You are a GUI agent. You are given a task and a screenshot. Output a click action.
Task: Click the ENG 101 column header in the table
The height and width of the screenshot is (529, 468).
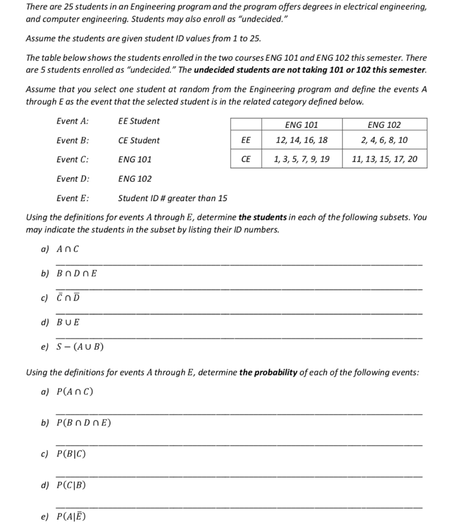point(301,125)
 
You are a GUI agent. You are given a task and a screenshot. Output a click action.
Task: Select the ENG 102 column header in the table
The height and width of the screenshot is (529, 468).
point(384,125)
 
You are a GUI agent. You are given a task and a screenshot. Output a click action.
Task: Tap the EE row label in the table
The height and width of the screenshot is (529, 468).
point(246,140)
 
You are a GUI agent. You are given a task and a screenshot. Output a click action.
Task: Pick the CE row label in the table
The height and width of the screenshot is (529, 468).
point(246,159)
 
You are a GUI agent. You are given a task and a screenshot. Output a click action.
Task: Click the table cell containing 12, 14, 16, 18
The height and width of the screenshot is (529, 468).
point(301,140)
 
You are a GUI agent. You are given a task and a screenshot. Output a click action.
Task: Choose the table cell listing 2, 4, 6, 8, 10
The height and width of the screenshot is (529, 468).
point(384,140)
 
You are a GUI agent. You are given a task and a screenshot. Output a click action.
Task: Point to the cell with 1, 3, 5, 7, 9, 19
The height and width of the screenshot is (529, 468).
point(301,159)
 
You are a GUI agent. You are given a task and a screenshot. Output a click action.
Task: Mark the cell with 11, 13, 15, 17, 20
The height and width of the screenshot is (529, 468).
point(384,159)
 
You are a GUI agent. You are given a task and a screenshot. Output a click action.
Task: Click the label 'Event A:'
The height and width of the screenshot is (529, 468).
point(72,121)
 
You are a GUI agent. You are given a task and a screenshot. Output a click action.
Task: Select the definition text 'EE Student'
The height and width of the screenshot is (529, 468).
point(139,121)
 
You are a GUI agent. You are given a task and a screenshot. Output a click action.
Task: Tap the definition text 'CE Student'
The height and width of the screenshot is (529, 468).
point(139,141)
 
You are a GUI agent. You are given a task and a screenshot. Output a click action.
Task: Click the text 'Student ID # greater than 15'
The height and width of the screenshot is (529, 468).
point(172,198)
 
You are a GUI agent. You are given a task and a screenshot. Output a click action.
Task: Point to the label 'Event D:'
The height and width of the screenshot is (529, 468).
point(72,179)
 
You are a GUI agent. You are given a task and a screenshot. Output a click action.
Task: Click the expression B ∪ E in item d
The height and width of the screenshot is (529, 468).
point(67,322)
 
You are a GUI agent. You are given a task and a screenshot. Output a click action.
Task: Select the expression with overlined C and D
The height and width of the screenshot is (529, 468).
point(67,298)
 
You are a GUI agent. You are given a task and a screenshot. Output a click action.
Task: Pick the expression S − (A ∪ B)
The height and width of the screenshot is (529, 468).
point(79,347)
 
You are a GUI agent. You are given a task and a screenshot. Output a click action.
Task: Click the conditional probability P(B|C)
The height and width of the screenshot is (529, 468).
point(70,455)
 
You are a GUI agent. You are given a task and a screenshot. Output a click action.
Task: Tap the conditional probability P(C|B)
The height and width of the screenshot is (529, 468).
point(70,485)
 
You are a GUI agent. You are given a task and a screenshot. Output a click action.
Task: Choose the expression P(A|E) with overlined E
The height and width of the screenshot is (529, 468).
point(70,516)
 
